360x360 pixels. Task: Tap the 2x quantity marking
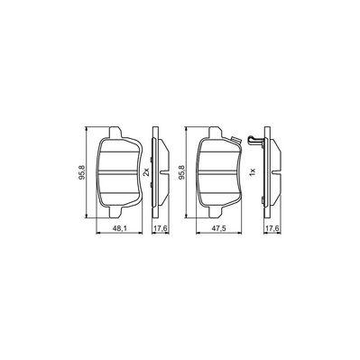pyautogui.click(x=145, y=171)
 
